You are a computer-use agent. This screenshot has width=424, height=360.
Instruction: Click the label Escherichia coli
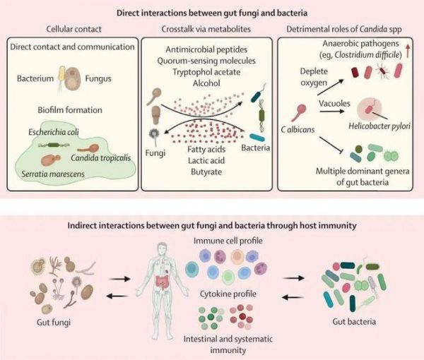(x=54, y=131)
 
